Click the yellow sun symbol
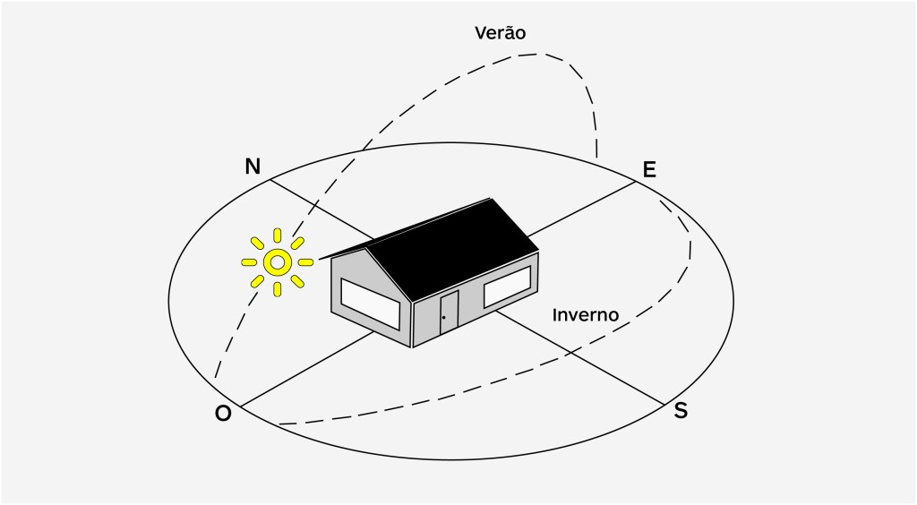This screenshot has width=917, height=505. point(278,262)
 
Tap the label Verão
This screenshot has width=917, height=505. point(500,33)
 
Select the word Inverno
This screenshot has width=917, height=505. point(586,315)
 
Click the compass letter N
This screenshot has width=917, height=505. point(253,167)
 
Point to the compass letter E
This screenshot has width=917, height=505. point(649,169)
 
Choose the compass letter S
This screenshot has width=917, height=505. point(681,411)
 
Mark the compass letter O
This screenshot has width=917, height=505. point(223,413)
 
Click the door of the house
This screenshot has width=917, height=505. point(448,312)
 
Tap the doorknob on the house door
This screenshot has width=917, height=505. point(443,317)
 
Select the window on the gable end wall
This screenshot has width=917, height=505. point(370,303)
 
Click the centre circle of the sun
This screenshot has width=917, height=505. point(278,262)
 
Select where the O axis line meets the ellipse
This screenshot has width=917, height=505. point(239,407)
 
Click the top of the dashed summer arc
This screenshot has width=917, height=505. point(537,54)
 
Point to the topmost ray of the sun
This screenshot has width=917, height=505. point(278,235)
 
